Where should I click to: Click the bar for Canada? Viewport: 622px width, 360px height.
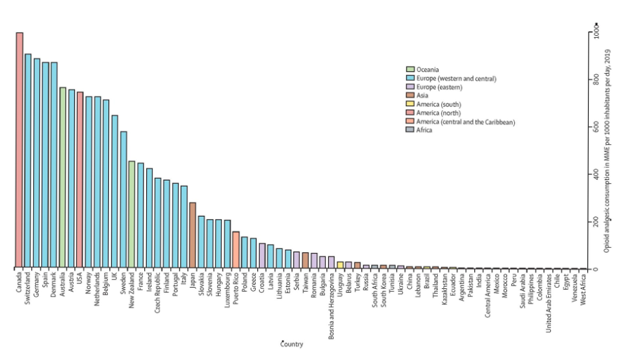tap(19, 150)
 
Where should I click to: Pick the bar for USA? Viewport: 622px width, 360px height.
tap(80, 180)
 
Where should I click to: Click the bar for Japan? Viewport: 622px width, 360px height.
tap(193, 235)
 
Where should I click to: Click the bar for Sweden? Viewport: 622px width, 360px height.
tap(123, 200)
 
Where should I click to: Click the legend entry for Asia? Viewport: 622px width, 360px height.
tap(423, 96)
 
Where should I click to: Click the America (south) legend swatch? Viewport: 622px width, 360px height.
tap(411, 104)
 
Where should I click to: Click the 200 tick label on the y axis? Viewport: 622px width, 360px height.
tap(595, 221)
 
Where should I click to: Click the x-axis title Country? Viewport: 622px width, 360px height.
tap(292, 344)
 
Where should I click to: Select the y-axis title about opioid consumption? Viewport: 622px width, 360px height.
tap(609, 153)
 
